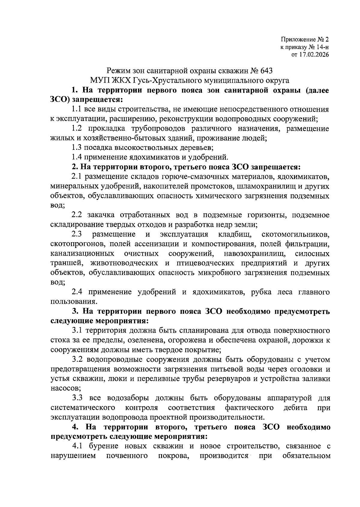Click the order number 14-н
pyautogui.click(x=321, y=47)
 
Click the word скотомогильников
pyautogui.click(x=295, y=234)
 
